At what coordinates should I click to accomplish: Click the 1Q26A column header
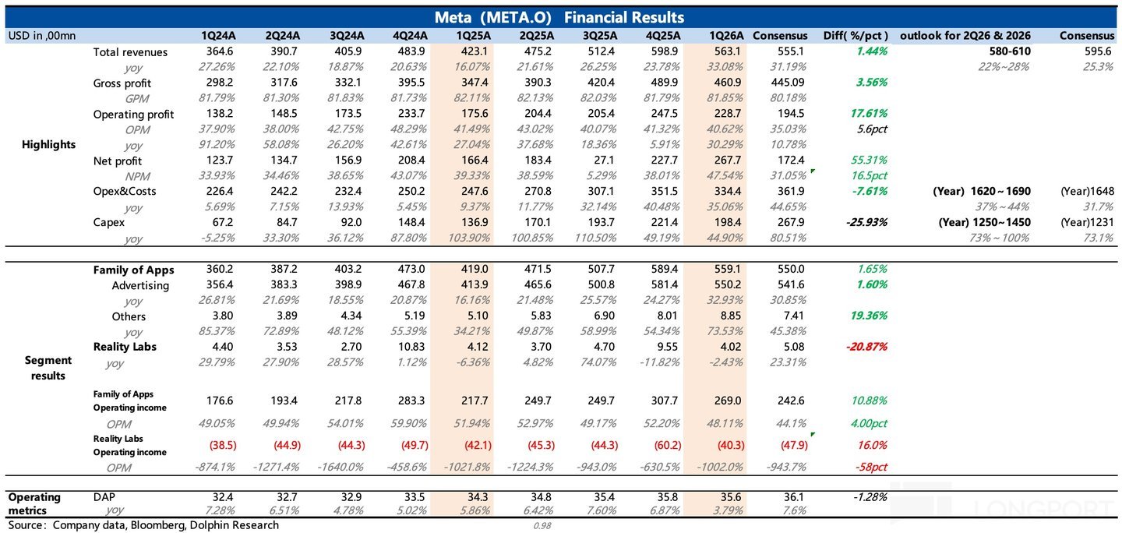tap(726, 36)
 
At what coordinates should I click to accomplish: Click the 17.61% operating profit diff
tap(869, 113)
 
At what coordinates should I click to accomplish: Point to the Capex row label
tap(109, 222)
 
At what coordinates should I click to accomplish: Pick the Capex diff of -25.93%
tap(866, 222)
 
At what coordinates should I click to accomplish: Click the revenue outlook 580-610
tap(1010, 51)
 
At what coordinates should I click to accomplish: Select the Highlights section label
tap(48, 145)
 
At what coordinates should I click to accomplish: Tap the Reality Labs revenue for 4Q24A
tap(412, 347)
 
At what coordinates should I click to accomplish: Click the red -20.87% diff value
tap(866, 347)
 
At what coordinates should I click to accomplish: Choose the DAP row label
tap(104, 497)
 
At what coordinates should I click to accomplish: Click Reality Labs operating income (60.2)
tap(668, 445)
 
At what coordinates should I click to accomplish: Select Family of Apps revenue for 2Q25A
tap(538, 269)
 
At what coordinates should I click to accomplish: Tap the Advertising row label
tap(140, 285)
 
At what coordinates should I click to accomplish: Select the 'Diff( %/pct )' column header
tap(856, 36)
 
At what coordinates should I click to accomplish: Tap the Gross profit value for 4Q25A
tap(665, 82)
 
